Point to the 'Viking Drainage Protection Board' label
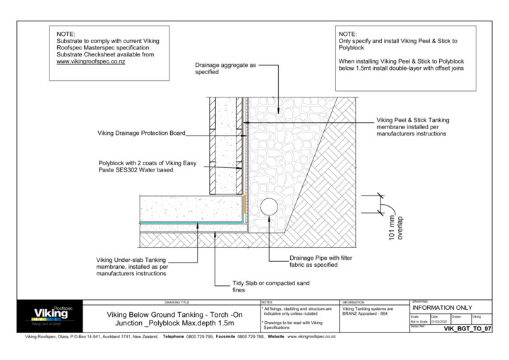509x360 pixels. [141, 132]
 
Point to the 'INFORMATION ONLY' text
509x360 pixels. [441, 308]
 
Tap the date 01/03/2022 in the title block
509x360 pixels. [438, 321]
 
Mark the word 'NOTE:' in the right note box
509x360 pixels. [348, 35]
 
